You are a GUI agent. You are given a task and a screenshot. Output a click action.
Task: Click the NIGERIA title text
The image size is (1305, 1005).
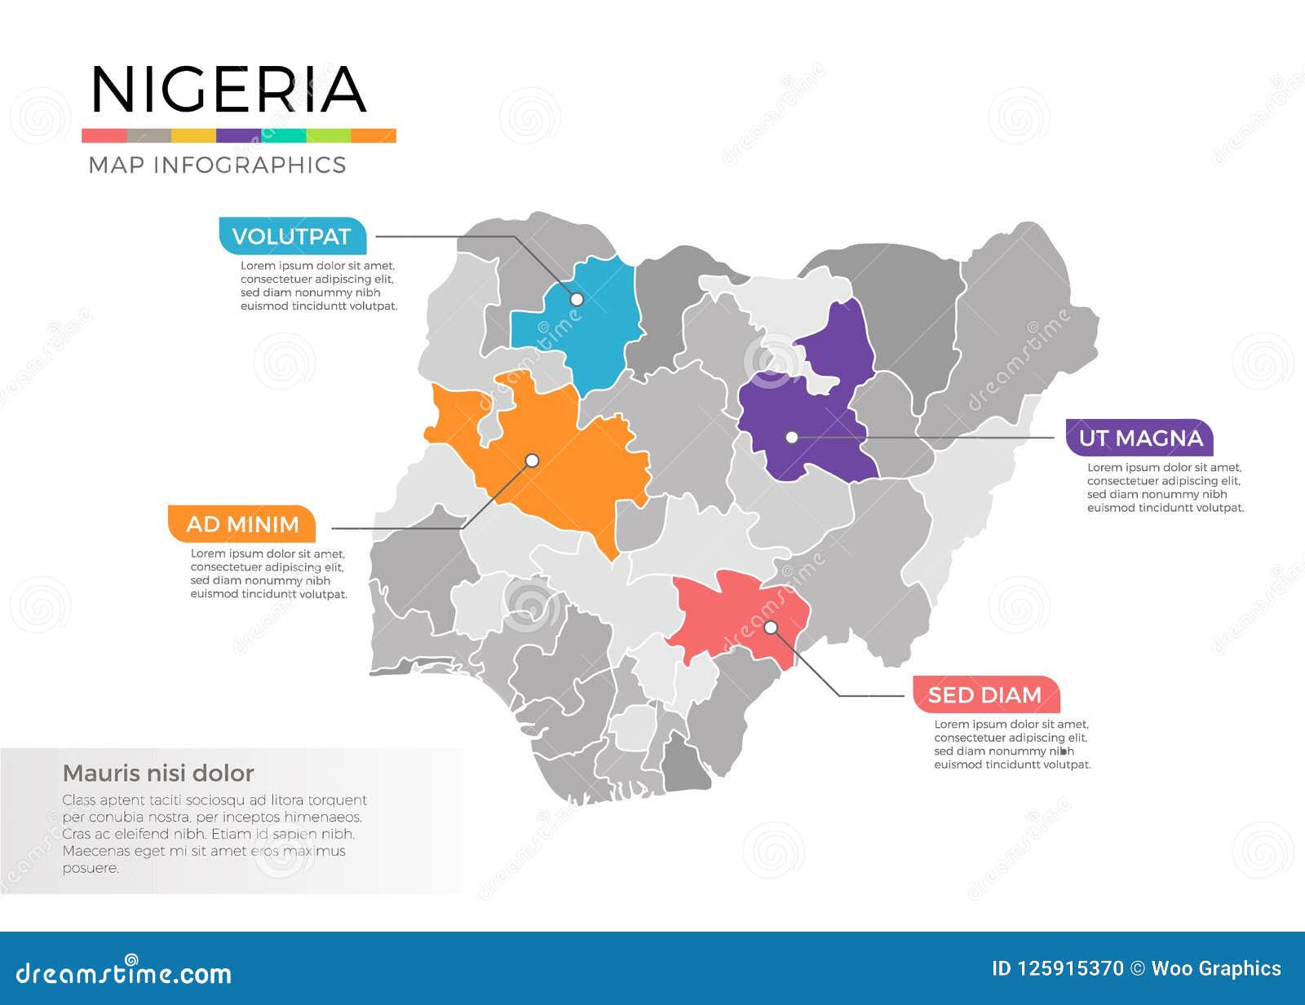tap(228, 90)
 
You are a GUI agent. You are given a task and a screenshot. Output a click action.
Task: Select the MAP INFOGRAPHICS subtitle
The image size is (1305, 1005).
tap(217, 165)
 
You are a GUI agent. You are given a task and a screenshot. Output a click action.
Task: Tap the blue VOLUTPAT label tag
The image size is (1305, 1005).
tap(292, 236)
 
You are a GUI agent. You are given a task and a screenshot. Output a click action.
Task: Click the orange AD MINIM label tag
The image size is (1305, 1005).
tap(241, 524)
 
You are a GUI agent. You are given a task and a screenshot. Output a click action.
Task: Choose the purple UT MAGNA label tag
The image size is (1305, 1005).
tap(1139, 438)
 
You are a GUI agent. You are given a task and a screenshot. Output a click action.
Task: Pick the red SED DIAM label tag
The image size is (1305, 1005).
tap(985, 694)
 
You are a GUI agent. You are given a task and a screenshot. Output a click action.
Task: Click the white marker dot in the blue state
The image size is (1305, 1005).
tap(576, 299)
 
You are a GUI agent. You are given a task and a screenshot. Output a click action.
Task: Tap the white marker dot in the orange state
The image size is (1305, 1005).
tap(532, 461)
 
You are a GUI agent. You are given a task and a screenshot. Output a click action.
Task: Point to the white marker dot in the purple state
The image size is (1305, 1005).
tap(791, 438)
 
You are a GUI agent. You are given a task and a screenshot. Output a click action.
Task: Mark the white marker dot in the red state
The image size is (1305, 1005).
tap(771, 628)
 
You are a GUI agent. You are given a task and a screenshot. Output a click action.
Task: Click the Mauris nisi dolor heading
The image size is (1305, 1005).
tap(158, 773)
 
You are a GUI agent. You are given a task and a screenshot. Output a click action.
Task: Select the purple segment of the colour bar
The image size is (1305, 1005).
tap(238, 135)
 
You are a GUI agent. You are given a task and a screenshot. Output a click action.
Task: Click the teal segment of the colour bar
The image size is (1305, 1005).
tap(284, 135)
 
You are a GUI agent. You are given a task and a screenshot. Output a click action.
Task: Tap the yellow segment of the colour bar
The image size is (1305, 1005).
tap(193, 135)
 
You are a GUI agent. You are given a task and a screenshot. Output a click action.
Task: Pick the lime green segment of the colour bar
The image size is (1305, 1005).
tap(329, 135)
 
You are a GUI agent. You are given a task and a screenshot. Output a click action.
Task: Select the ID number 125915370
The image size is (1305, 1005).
tap(1071, 968)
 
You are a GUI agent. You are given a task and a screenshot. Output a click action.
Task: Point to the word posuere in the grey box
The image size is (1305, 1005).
tap(91, 868)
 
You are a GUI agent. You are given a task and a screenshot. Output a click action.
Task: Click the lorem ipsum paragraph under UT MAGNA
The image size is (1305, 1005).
tap(1165, 487)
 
